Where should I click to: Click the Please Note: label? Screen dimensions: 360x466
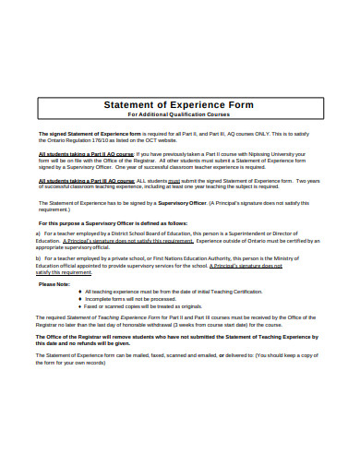[54, 283]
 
